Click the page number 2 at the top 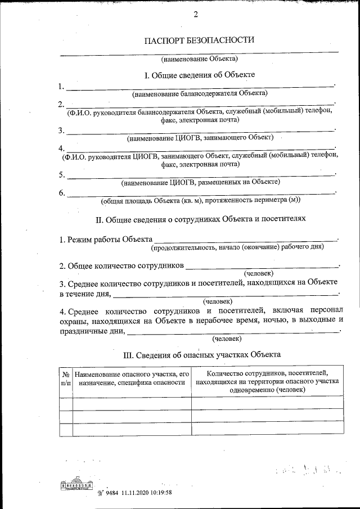[196, 15]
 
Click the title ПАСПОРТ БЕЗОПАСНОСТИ [200, 40]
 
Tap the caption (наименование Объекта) [200, 58]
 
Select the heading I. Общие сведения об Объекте [200, 75]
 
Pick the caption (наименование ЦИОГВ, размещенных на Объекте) [200, 182]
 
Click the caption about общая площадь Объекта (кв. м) [201, 200]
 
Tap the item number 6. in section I [62, 193]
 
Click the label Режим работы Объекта [106, 240]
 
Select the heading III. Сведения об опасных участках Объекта [201, 355]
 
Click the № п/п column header [66, 377]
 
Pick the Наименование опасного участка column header [132, 377]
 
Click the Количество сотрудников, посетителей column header [267, 381]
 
